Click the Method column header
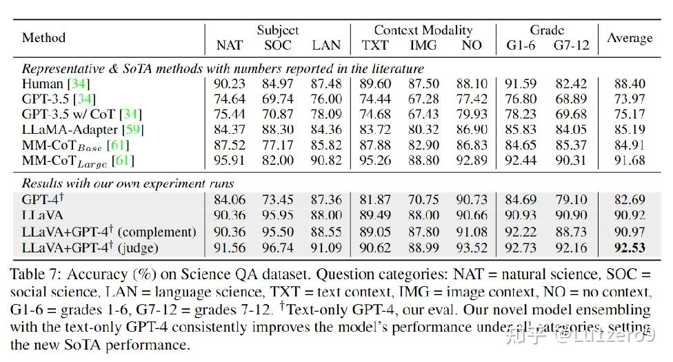43,38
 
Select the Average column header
630,38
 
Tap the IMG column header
423,46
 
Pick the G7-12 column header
572,46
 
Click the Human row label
39,83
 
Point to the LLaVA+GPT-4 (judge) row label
90,248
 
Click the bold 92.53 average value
630,248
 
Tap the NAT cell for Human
229,83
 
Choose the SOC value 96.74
278,248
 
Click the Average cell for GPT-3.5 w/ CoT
630,114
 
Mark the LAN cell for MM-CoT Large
326,161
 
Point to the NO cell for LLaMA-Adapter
472,129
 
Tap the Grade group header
547,30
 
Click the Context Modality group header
423,30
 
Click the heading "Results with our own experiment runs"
128,183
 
